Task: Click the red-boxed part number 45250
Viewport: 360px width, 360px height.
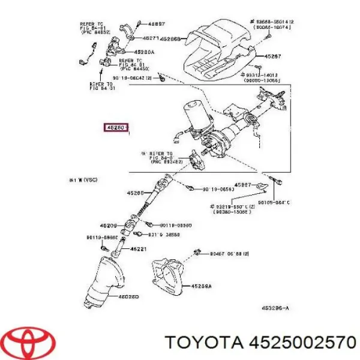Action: [115, 128]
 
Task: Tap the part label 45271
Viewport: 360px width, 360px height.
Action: [151, 38]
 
